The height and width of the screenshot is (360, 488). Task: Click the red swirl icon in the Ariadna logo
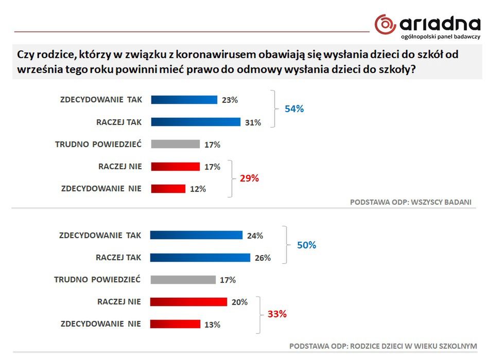(x=385, y=24)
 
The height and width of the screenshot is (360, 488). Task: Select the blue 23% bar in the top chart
(x=184, y=100)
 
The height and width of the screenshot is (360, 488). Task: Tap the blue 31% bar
(x=196, y=122)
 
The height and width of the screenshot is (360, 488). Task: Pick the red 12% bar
(x=168, y=189)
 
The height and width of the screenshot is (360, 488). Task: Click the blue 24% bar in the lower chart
(x=196, y=235)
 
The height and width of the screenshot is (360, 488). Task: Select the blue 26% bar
(x=200, y=257)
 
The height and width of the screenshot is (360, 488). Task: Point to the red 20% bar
(x=188, y=302)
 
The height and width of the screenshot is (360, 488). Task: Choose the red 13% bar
(x=175, y=324)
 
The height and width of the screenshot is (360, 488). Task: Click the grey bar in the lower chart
(x=183, y=280)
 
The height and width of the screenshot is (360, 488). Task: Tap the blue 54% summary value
(x=294, y=109)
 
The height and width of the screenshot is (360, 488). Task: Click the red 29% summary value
(x=249, y=178)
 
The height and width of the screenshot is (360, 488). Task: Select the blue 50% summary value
(x=307, y=245)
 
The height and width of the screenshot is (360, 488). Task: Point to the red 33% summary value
(x=277, y=313)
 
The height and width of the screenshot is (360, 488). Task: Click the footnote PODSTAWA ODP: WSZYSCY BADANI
(x=410, y=202)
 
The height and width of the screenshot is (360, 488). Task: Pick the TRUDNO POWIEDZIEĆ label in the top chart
(x=98, y=145)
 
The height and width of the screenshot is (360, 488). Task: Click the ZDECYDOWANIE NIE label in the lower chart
(x=100, y=324)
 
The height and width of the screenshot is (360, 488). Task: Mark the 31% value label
(x=253, y=122)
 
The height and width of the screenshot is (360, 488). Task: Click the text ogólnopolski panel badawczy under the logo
(x=441, y=37)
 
